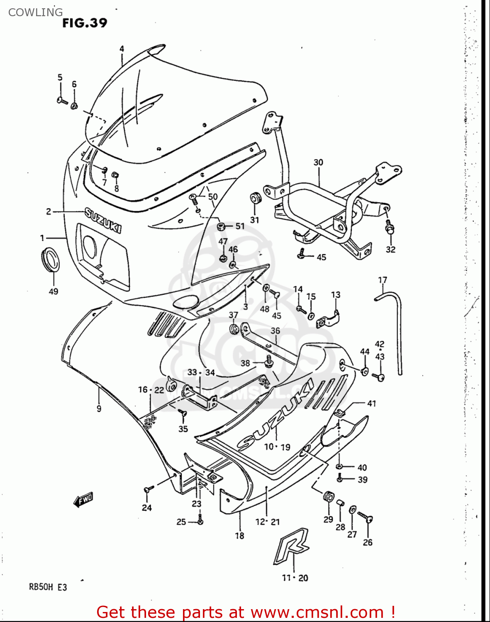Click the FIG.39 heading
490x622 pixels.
click(85, 23)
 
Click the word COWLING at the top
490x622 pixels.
click(36, 12)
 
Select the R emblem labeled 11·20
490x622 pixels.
click(292, 546)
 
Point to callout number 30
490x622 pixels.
click(318, 163)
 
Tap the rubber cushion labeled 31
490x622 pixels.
click(255, 198)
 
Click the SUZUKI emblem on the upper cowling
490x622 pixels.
click(103, 220)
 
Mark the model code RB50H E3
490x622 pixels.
click(48, 587)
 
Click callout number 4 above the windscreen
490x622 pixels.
click(122, 49)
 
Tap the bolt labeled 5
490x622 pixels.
click(62, 100)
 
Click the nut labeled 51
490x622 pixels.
click(222, 226)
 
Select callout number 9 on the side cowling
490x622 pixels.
click(99, 409)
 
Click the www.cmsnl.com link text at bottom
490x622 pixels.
click(317, 612)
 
